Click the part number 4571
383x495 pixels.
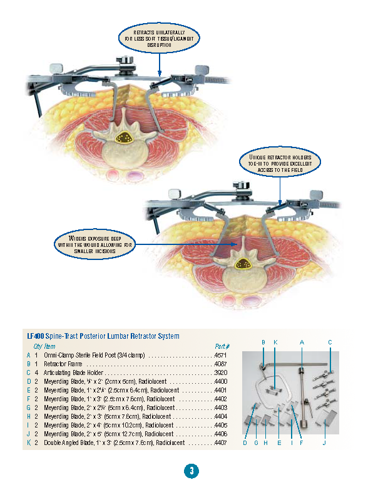coord(220,355)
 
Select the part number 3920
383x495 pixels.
coord(220,372)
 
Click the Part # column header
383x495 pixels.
coord(222,346)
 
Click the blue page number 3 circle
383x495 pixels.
coord(191,471)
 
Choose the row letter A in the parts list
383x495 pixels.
coord(28,355)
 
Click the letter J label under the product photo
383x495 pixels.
coord(324,443)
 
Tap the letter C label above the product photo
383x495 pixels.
coord(330,342)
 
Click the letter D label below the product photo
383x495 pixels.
coord(245,443)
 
